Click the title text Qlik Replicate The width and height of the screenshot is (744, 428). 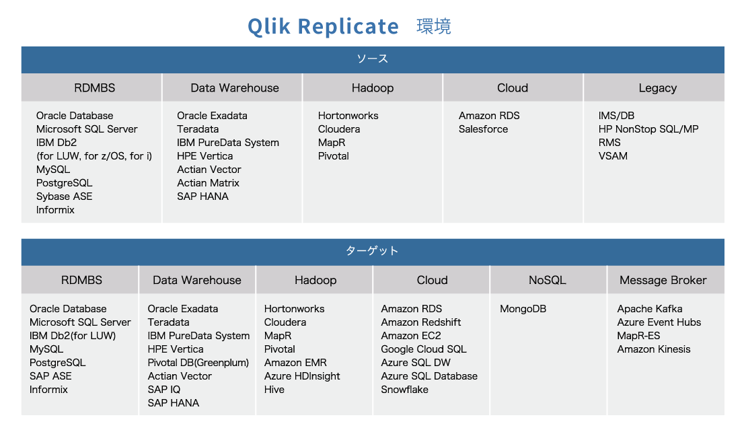click(323, 26)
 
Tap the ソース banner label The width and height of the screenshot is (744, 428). click(373, 59)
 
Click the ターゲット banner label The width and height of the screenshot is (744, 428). click(372, 250)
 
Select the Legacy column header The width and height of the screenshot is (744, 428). click(658, 88)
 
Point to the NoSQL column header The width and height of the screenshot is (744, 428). click(548, 280)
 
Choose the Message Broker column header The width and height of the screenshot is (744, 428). click(663, 280)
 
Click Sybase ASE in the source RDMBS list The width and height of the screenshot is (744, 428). click(64, 197)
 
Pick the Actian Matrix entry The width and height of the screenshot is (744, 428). click(208, 182)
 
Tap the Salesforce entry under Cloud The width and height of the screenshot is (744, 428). click(483, 129)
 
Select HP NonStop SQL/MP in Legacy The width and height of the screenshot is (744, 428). click(648, 129)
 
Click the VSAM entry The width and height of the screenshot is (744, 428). click(613, 156)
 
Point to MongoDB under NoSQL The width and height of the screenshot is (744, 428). click(523, 309)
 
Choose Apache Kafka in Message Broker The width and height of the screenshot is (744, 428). click(650, 309)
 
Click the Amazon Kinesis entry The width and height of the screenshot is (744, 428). click(654, 349)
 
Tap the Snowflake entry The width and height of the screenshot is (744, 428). click(404, 390)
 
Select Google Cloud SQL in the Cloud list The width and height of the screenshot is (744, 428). click(424, 349)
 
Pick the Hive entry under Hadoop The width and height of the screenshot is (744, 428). click(274, 390)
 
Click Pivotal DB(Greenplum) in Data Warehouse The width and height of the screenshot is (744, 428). click(198, 363)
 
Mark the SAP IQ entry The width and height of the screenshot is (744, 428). click(163, 390)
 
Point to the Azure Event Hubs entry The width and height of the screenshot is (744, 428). click(659, 322)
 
